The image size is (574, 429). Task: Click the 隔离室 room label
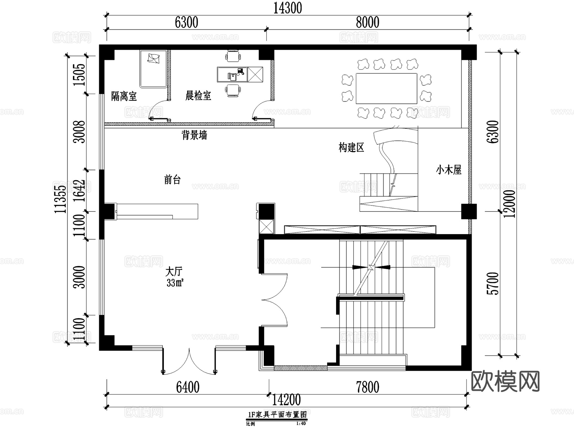pos(124,96)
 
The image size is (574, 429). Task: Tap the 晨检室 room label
pos(198,95)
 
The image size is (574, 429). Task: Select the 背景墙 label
pos(194,135)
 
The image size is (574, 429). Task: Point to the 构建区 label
pos(351,147)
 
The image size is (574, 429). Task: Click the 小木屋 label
pos(449,170)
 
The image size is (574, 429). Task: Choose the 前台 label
pos(172,180)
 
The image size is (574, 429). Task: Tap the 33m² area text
pos(175,282)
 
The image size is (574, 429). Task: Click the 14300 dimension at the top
pos(288,8)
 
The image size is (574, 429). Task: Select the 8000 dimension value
pos(368,22)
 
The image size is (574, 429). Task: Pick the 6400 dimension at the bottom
pos(188,387)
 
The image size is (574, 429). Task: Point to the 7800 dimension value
pos(368,387)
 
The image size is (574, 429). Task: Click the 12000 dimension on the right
pos(510,204)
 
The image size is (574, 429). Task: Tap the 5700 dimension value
pos(493,283)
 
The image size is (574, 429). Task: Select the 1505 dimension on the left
pos(79,75)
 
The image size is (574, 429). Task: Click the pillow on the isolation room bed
pos(154,59)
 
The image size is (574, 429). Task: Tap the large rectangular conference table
pos(386,89)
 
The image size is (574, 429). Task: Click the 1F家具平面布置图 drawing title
pos(277,414)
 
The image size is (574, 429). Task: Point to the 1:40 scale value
pos(301,424)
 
